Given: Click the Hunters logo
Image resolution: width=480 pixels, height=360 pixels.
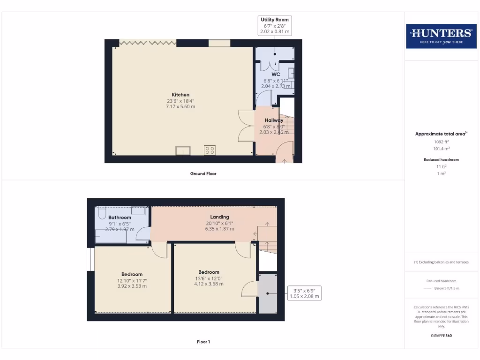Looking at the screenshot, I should point(441,36).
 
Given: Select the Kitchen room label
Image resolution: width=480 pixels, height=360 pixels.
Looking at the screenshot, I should point(180,95).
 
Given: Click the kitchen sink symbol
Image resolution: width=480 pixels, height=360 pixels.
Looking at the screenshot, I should point(183,150).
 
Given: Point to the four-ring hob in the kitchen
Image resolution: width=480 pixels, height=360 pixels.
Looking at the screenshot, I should point(210,150).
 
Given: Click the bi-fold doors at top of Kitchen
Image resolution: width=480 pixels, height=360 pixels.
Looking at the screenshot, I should point(148,43).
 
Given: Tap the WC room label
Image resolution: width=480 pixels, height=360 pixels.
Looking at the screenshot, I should point(276,75).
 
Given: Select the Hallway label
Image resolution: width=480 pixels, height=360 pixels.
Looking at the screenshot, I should point(274,120).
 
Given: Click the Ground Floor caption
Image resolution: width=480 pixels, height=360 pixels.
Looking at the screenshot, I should point(203,173).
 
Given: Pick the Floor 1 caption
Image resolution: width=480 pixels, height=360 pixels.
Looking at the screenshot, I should point(203,342).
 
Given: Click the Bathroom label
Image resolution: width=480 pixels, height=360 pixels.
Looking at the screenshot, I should point(120,217).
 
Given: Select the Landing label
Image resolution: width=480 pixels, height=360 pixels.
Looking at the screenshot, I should point(219,217).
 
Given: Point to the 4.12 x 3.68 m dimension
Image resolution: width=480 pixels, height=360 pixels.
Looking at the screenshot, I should point(209,284).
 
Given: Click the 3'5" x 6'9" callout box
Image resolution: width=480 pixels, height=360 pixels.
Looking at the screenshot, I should point(304,293).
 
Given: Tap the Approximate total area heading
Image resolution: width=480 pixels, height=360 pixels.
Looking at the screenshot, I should point(440,134).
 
